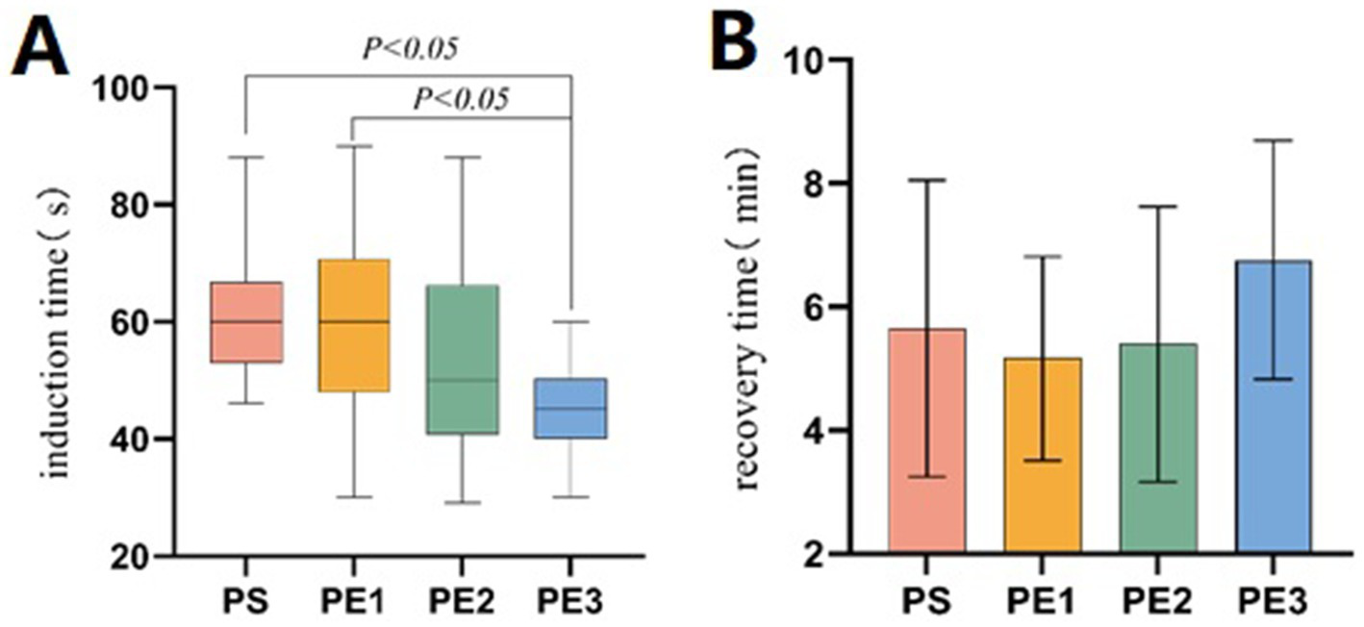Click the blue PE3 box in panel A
coord(571,408)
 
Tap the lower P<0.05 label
coord(462,98)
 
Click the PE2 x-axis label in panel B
coord(1158,603)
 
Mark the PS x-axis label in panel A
coord(246,603)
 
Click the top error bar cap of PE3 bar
coord(1274,140)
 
